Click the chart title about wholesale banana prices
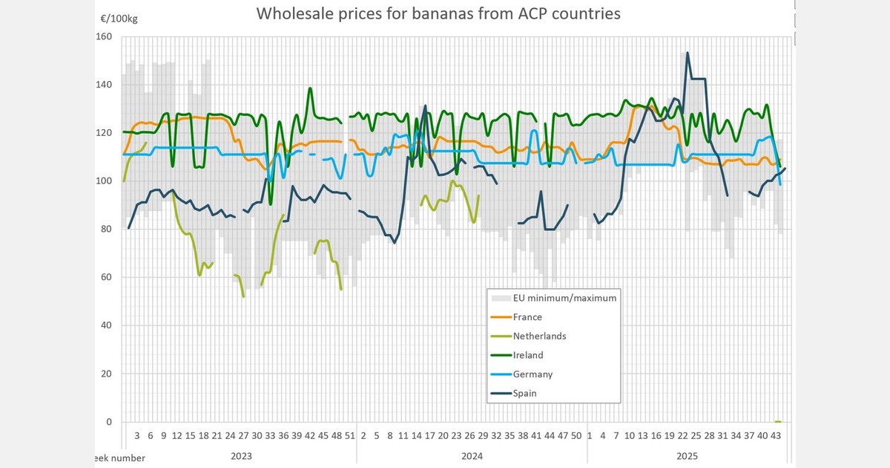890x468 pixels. pyautogui.click(x=438, y=13)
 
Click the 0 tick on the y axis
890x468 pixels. pyautogui.click(x=108, y=422)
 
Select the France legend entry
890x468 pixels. pyautogui.click(x=527, y=317)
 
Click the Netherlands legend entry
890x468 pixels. pyautogui.click(x=539, y=336)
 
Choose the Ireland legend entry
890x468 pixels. pyautogui.click(x=528, y=355)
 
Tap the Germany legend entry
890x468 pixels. pyautogui.click(x=533, y=374)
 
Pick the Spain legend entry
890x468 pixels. pyautogui.click(x=525, y=393)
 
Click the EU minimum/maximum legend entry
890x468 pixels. pyautogui.click(x=564, y=298)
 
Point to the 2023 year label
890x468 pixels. pyautogui.click(x=240, y=455)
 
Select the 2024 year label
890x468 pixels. pyautogui.click(x=472, y=455)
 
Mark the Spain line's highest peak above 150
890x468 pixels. pyautogui.click(x=688, y=53)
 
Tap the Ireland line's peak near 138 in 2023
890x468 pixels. pyautogui.click(x=310, y=88)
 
